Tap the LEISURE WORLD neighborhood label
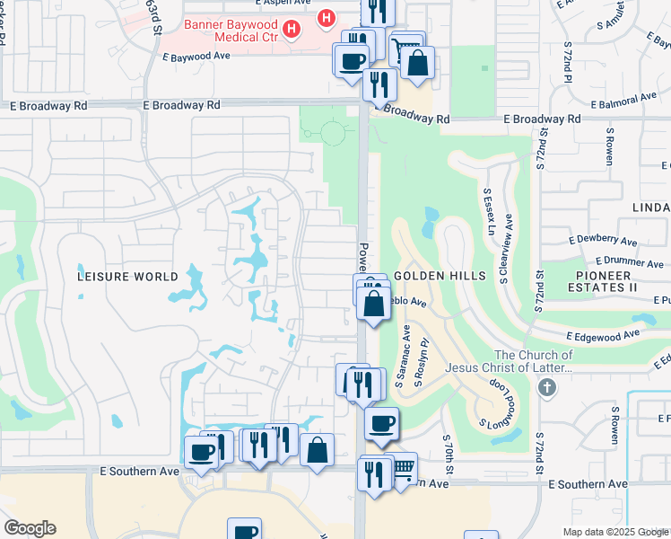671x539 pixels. [x=128, y=277]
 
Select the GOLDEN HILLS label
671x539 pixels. [x=440, y=276]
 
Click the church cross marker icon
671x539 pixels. [x=546, y=387]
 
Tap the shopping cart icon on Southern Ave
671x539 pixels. [x=404, y=465]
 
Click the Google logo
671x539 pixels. [x=30, y=527]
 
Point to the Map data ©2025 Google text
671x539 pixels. [x=615, y=532]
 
